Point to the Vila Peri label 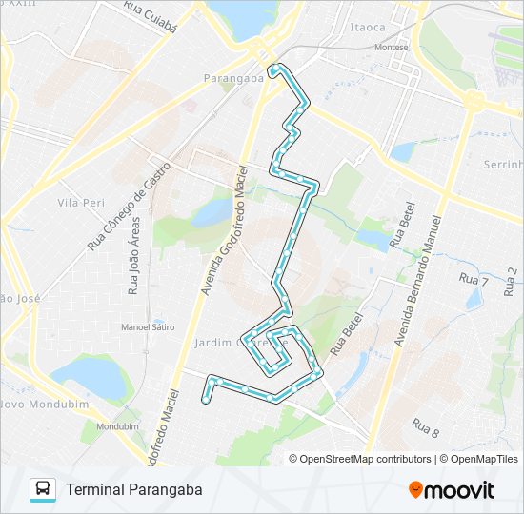tap(79, 203)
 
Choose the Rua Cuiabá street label tap(151, 16)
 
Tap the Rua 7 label tap(474, 280)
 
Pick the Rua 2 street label tap(512, 279)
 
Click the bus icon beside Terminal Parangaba tap(43, 489)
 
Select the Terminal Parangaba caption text tap(134, 489)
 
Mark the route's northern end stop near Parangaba tap(274, 69)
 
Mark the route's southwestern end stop tap(205, 401)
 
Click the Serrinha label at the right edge tap(504, 165)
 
